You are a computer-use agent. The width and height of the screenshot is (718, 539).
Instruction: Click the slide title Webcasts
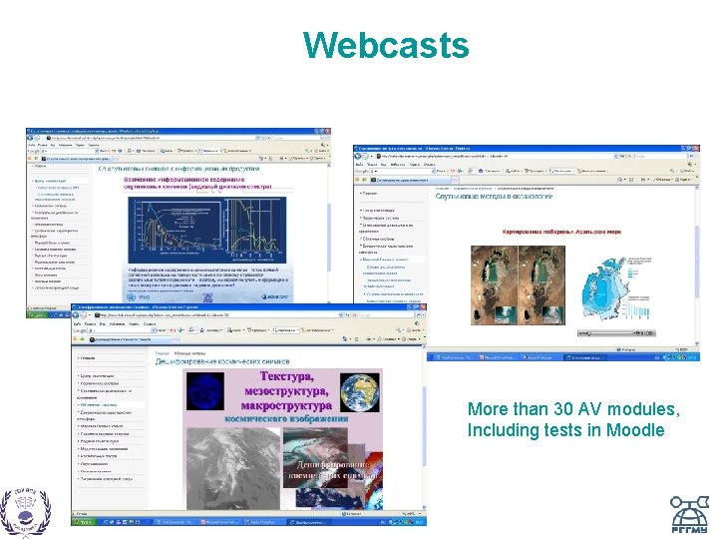click(385, 45)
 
